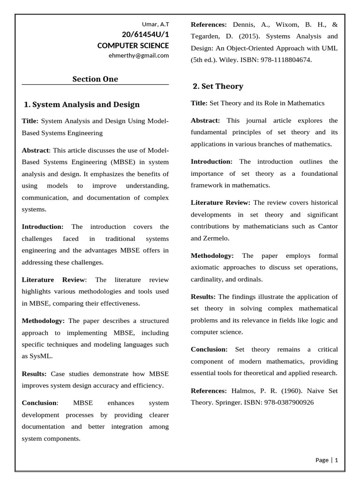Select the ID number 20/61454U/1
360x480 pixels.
click(146, 35)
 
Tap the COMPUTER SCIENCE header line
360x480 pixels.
click(133, 45)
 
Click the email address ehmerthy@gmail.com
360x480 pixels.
click(139, 55)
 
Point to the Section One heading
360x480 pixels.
click(95, 79)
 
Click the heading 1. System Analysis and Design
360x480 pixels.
click(82, 104)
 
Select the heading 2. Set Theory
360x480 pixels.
click(218, 86)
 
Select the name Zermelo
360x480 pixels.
click(217, 238)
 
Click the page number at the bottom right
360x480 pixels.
click(336, 460)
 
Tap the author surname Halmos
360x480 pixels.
click(244, 390)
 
